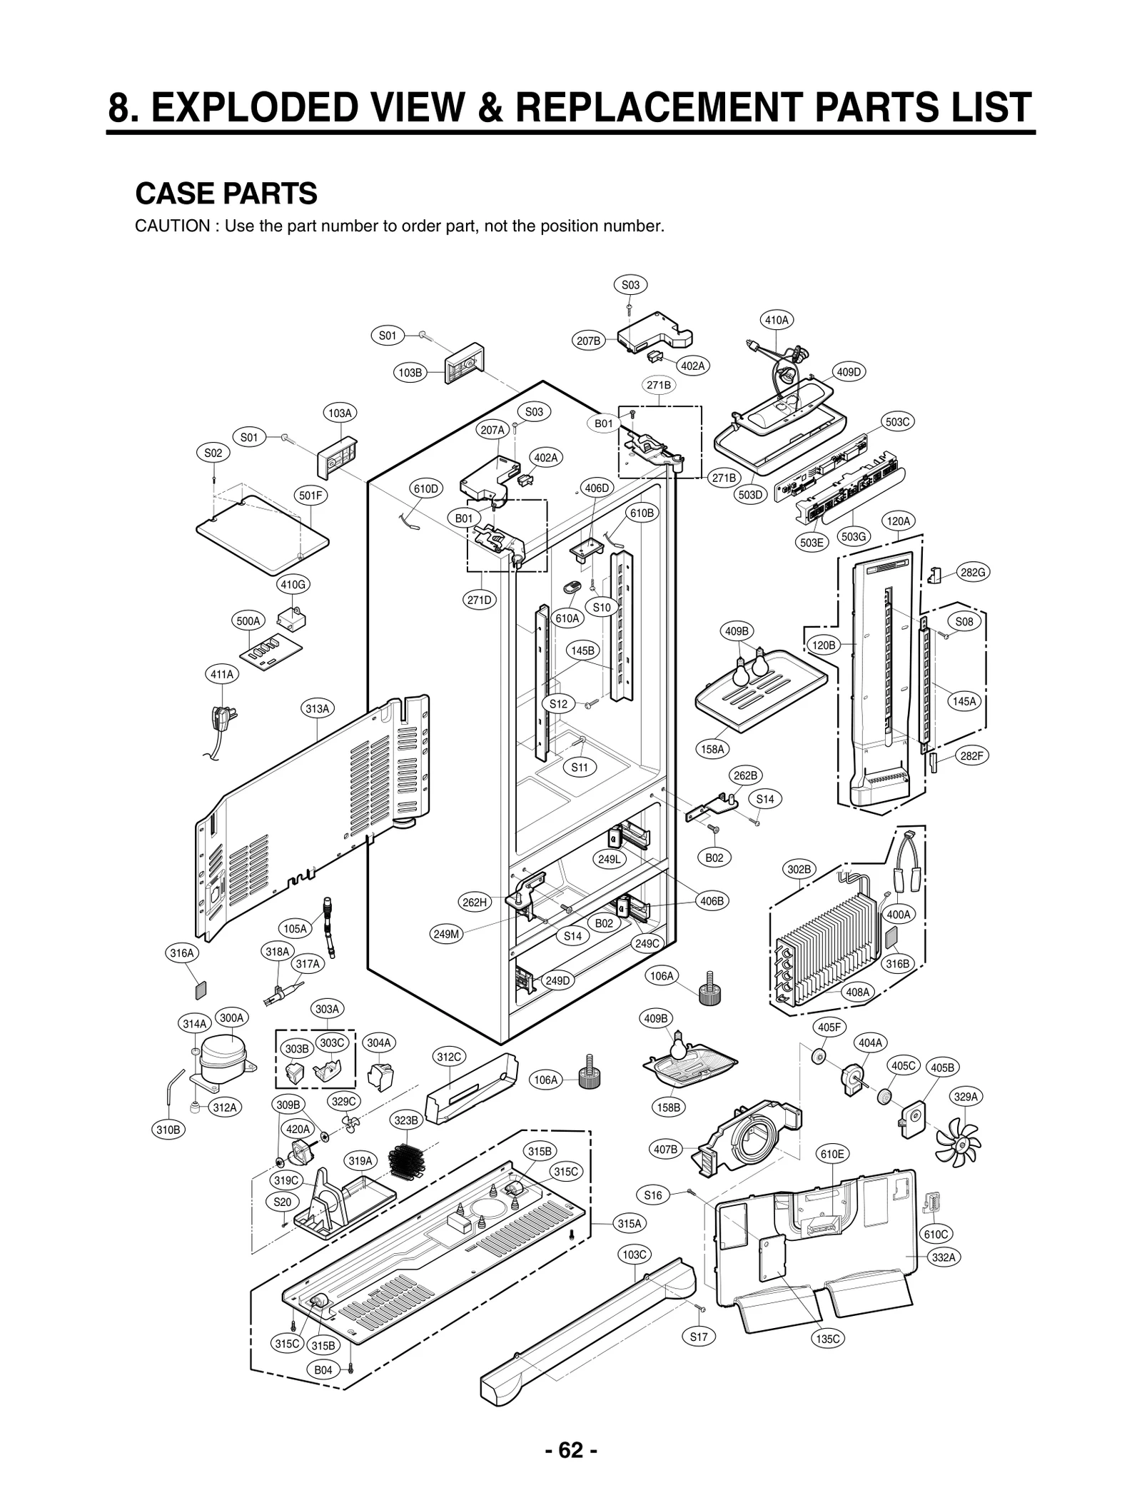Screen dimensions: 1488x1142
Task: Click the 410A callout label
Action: pyautogui.click(x=777, y=321)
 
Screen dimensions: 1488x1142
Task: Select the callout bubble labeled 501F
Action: pyautogui.click(x=311, y=495)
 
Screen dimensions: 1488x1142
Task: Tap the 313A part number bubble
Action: pyautogui.click(x=318, y=709)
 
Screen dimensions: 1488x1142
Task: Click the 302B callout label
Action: pyautogui.click(x=799, y=869)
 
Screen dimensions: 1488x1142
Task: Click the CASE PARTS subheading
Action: pyautogui.click(x=226, y=193)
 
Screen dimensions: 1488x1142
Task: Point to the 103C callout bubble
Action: pyautogui.click(x=634, y=1255)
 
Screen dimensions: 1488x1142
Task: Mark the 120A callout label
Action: pyautogui.click(x=899, y=521)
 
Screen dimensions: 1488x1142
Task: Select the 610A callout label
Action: pyautogui.click(x=567, y=618)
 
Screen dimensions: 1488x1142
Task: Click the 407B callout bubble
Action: pyautogui.click(x=665, y=1149)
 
